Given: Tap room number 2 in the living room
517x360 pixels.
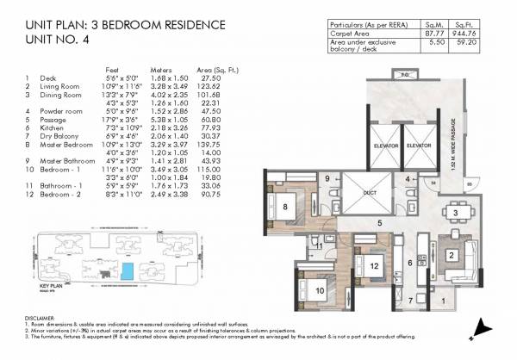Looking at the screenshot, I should click(x=451, y=255).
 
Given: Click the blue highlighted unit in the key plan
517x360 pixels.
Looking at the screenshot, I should click(x=127, y=272).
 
